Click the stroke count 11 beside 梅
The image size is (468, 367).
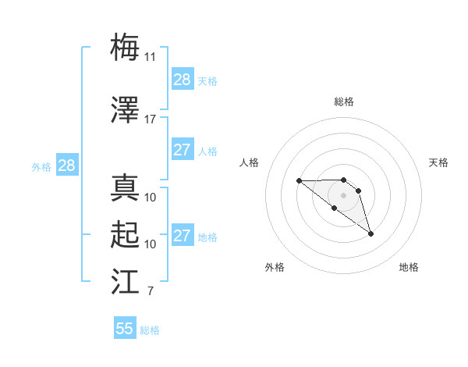[150, 56]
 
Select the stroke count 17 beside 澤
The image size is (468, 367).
[150, 119]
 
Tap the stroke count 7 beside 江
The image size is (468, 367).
[150, 292]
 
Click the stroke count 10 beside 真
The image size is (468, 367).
[150, 197]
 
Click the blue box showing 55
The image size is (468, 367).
[125, 329]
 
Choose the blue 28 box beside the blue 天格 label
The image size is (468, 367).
[183, 80]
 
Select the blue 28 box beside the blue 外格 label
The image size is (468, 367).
[66, 166]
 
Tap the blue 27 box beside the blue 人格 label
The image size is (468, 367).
[183, 150]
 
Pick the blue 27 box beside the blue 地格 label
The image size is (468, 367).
[183, 236]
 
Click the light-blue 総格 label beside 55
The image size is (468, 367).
[150, 330]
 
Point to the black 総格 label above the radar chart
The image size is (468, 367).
[343, 102]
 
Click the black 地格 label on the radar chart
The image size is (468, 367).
[409, 267]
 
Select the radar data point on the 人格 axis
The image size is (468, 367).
[299, 181]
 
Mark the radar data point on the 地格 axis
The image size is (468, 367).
[370, 233]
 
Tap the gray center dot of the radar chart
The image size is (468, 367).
[343, 194]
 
